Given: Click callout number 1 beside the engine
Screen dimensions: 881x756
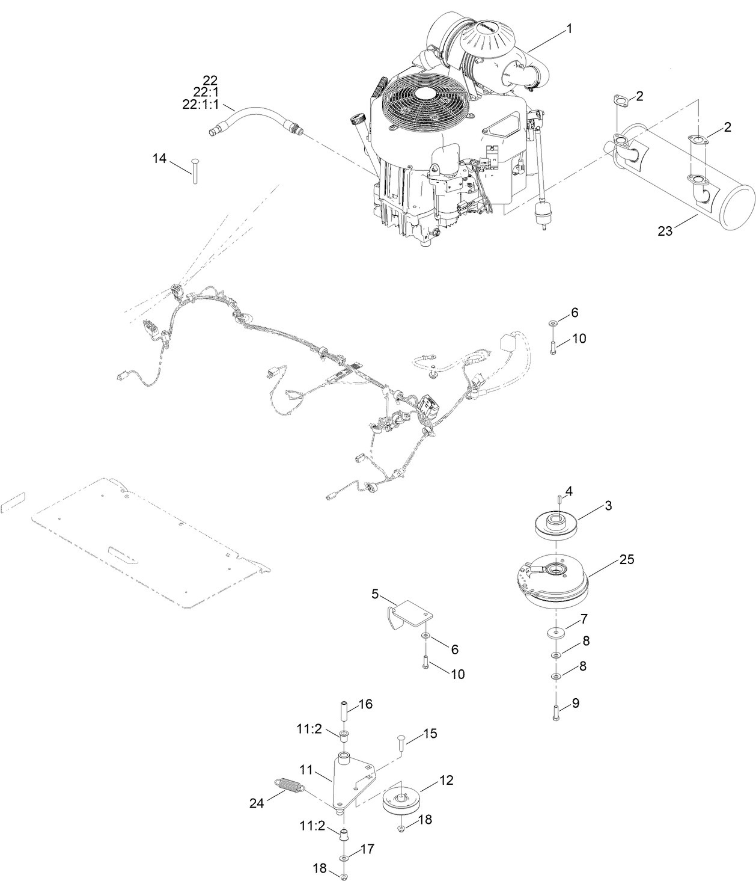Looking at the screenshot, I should pos(569,28).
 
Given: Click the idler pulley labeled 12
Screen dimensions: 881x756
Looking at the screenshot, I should pos(403,801).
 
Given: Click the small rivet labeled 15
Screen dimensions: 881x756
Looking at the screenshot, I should pos(399,741).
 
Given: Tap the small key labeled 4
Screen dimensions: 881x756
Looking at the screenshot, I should pos(559,498).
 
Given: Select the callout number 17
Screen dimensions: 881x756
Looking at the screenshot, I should pos(367,849).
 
